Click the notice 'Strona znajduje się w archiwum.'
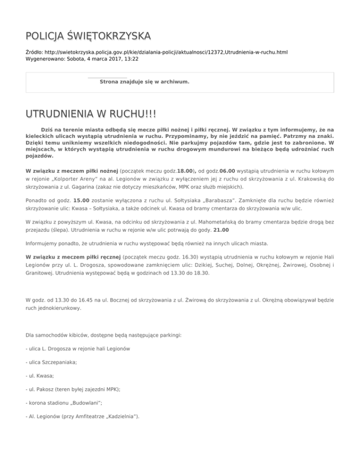145,82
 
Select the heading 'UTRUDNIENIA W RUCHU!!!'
91,115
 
